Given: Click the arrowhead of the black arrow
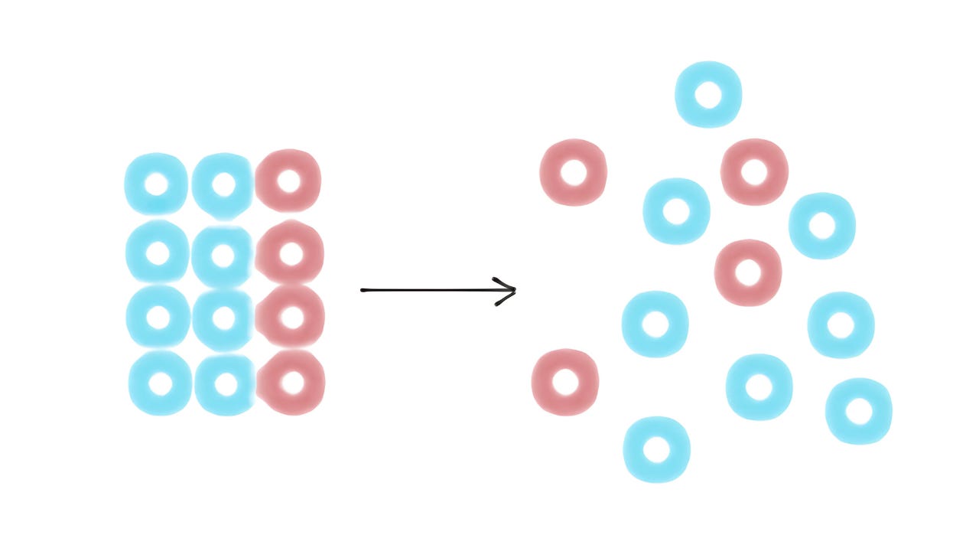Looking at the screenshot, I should pos(513,290).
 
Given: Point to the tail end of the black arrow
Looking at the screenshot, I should pos(363,290).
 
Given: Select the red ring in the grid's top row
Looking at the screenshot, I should pos(288,181).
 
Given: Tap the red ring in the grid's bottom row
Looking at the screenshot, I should pos(291,383).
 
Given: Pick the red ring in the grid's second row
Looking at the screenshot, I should pos(290,253).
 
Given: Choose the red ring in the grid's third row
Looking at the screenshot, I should pos(291,317).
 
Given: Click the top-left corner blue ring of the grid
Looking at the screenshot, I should pos(156,184).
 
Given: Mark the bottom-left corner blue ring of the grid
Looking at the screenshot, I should pos(160,383).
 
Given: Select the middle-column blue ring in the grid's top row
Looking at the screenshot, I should pos(223,184).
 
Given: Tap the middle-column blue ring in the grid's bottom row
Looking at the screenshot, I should pos(226,384).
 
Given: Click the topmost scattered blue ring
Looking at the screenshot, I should pos(708,95).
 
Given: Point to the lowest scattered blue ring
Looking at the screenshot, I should pos(656,449).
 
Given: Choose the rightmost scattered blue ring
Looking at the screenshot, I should pos(859,411).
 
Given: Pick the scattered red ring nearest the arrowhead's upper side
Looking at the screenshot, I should pos(574,172).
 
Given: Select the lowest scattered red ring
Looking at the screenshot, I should pos(565,382).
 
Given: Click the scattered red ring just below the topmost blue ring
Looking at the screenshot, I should pos(754,172).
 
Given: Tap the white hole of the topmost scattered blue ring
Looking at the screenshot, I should pos(708,95).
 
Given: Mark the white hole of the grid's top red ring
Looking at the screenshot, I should pos(288,181).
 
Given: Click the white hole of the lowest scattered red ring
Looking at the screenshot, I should pos(565,382).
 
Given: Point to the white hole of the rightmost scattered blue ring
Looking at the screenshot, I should pos(859,411).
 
